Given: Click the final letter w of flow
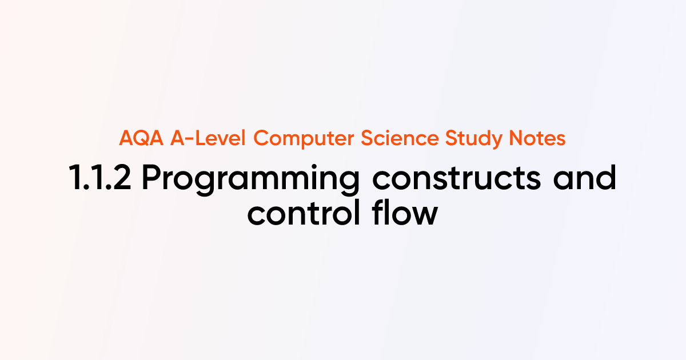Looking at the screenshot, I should coord(425,215).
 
